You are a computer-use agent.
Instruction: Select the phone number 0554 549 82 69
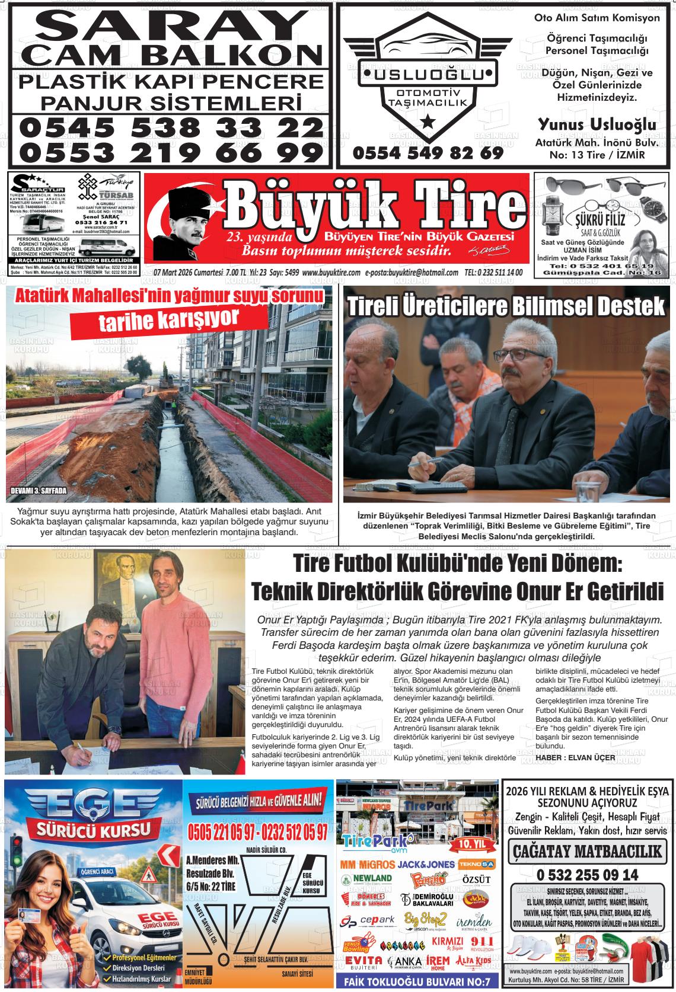428,153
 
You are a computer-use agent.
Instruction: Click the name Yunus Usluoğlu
597,125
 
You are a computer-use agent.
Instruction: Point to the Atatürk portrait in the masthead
184,221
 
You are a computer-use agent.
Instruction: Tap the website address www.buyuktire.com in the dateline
331,273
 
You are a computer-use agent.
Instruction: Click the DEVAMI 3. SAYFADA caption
39,491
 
